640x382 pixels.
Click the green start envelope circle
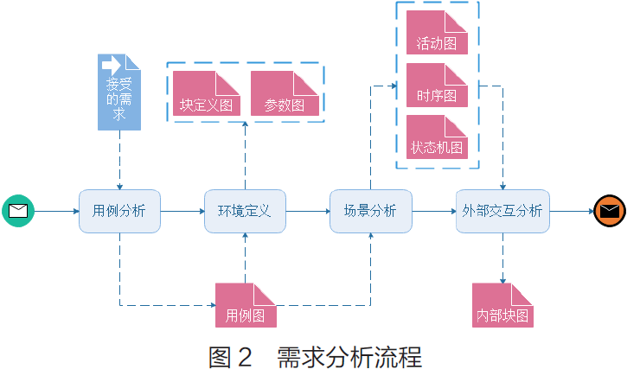coord(17,210)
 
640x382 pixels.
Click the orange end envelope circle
coord(610,210)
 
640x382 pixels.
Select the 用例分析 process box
coord(119,211)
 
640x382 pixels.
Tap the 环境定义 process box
coord(245,211)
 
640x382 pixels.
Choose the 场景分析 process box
coord(370,211)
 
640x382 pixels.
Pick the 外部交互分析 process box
coord(502,211)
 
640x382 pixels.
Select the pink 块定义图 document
coord(206,94)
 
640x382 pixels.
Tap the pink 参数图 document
coord(284,94)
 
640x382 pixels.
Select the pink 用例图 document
coord(246,305)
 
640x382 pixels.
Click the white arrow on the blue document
coord(112,65)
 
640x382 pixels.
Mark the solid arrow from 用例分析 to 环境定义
coord(182,210)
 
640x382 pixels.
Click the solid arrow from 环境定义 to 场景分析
coord(308,210)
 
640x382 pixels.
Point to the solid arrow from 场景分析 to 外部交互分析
coord(433,210)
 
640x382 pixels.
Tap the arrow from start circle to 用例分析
coord(56,210)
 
